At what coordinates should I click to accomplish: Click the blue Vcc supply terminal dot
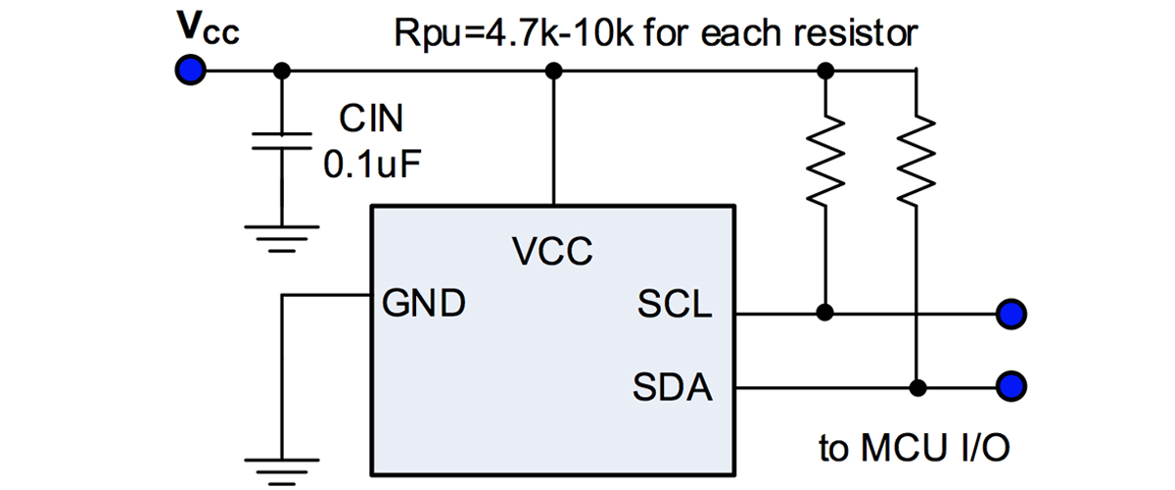190,70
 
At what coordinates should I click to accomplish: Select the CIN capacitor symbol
282,141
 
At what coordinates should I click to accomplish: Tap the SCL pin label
675,306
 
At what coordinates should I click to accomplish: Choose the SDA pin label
674,389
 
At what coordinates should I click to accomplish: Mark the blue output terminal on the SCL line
1010,314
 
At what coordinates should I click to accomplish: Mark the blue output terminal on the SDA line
1010,384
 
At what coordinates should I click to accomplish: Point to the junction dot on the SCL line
825,313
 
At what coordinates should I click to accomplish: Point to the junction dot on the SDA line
916,384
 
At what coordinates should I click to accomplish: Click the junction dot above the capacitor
282,70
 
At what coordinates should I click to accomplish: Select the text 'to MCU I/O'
914,449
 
